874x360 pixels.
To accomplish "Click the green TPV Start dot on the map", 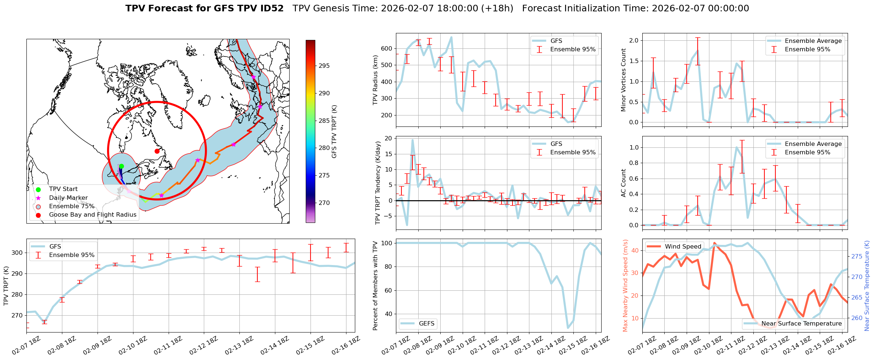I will click(121, 166).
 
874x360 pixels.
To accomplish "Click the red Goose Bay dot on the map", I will click(157, 151).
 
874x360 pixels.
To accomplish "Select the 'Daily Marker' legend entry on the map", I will click(68, 198).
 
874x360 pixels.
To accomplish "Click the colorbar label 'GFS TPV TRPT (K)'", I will click(334, 131).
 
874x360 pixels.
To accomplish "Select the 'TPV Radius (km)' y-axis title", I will click(375, 80).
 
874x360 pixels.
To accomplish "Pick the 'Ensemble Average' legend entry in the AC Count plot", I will click(813, 144).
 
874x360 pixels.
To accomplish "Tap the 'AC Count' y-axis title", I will click(623, 183).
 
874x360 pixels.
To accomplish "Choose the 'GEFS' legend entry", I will click(426, 324).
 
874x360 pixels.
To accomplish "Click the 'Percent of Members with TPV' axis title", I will click(375, 286).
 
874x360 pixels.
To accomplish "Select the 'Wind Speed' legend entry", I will click(683, 247).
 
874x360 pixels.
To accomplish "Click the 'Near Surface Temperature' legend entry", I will click(801, 324).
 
